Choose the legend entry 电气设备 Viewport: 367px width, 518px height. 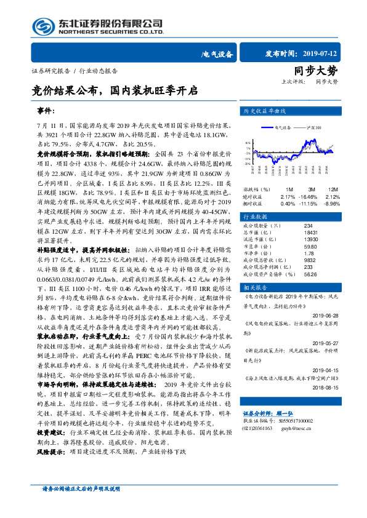tap(283, 127)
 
